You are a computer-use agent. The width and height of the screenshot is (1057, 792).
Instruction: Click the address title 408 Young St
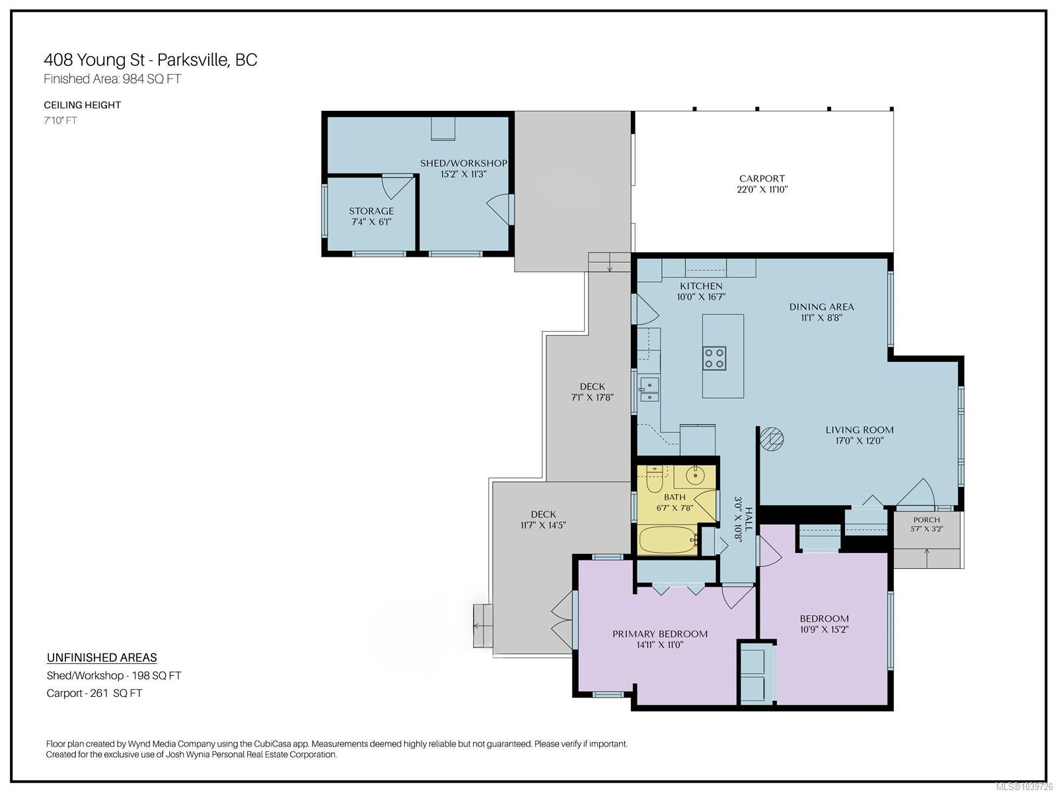[94, 60]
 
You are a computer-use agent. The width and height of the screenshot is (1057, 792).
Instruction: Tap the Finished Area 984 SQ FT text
[112, 79]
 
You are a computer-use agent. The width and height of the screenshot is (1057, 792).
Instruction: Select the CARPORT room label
[762, 178]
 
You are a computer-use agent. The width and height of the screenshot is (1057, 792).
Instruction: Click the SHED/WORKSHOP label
[463, 163]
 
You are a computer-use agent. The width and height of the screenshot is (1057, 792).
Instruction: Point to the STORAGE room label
[371, 211]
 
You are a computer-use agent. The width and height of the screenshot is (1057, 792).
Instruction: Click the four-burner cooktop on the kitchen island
[714, 358]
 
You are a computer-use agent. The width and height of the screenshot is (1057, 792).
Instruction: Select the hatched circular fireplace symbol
[771, 438]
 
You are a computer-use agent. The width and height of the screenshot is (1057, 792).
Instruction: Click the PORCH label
[926, 520]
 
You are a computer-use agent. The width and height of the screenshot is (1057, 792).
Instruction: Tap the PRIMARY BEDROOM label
[660, 634]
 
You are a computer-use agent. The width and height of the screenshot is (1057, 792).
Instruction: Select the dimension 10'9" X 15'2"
[824, 630]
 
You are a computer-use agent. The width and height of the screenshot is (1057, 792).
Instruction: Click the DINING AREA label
[822, 307]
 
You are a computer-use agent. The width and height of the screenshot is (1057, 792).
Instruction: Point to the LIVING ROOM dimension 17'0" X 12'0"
[859, 441]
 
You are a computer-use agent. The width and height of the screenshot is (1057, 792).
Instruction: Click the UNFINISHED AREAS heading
[102, 658]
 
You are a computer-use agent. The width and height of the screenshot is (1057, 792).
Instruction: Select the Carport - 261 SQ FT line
[94, 694]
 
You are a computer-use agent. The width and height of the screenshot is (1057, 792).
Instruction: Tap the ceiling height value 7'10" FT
[60, 121]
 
